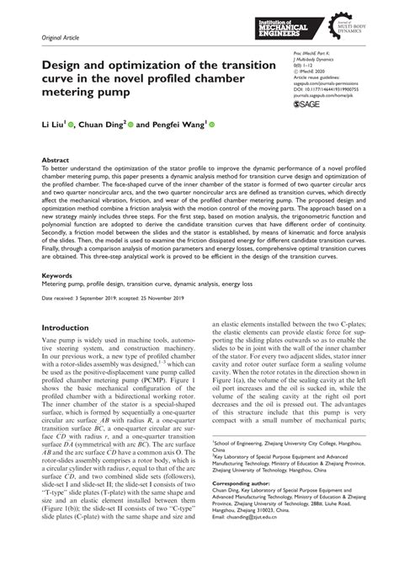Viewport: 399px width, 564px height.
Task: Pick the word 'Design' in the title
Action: click(51, 61)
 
